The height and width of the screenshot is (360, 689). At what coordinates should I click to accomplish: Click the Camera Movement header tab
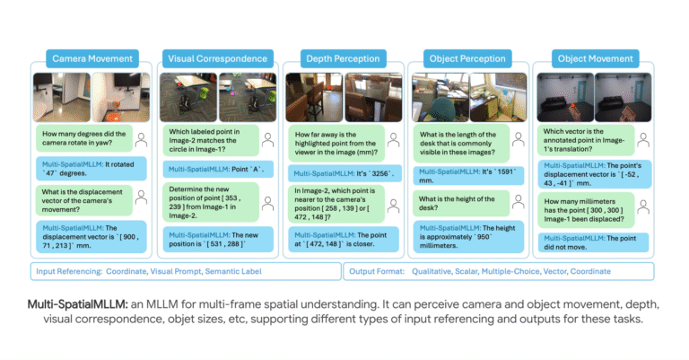92,58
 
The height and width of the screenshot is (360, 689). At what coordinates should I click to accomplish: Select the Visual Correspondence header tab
217,58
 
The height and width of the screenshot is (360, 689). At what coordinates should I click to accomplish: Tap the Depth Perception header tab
343,58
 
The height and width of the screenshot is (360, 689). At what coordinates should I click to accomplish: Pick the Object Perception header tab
467,58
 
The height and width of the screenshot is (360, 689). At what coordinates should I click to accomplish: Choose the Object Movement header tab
596,58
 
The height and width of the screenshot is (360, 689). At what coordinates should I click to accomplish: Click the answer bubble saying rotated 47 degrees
91,169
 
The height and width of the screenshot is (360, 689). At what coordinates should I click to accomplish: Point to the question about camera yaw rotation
84,138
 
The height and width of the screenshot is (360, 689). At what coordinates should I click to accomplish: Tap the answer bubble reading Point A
218,170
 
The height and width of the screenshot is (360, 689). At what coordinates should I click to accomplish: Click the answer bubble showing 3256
344,173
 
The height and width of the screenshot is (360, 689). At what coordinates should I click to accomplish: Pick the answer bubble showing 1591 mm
468,176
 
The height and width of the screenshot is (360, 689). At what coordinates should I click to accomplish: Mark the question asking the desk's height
461,203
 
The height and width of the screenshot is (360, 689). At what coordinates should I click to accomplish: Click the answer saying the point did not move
593,242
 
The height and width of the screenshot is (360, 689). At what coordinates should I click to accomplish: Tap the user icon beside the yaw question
141,140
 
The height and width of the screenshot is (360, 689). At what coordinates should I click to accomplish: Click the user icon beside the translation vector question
643,140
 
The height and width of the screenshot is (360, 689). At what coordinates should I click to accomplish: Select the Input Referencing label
69,271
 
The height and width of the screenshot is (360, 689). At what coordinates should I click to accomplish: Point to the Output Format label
377,271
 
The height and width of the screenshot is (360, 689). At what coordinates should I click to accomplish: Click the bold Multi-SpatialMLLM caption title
78,304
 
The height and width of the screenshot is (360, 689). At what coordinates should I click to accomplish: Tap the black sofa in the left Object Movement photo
554,106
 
